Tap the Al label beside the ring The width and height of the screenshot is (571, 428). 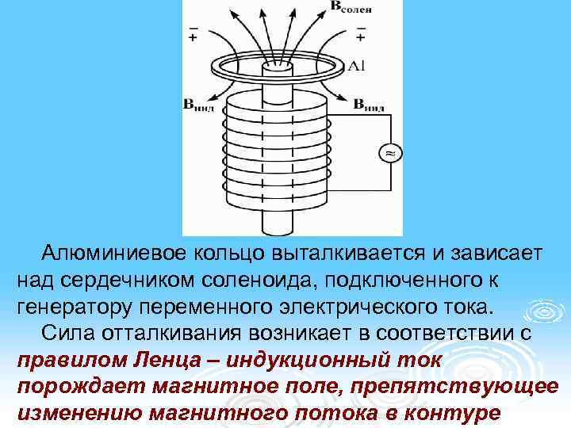(x=357, y=66)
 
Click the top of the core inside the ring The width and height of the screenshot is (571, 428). (x=279, y=67)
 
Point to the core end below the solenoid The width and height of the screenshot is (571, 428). (x=279, y=226)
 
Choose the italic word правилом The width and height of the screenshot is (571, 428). (x=67, y=362)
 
